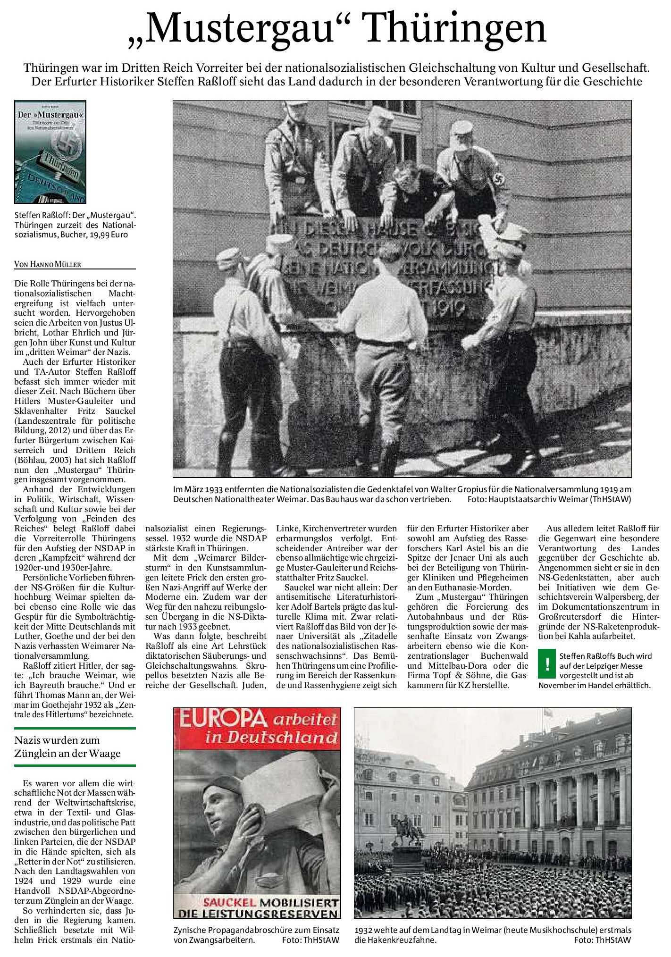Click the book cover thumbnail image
pos(50,152)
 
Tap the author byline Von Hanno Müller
pos(48,264)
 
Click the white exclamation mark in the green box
pos(547,664)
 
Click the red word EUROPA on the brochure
pos(216,721)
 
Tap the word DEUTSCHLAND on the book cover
pos(52,186)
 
